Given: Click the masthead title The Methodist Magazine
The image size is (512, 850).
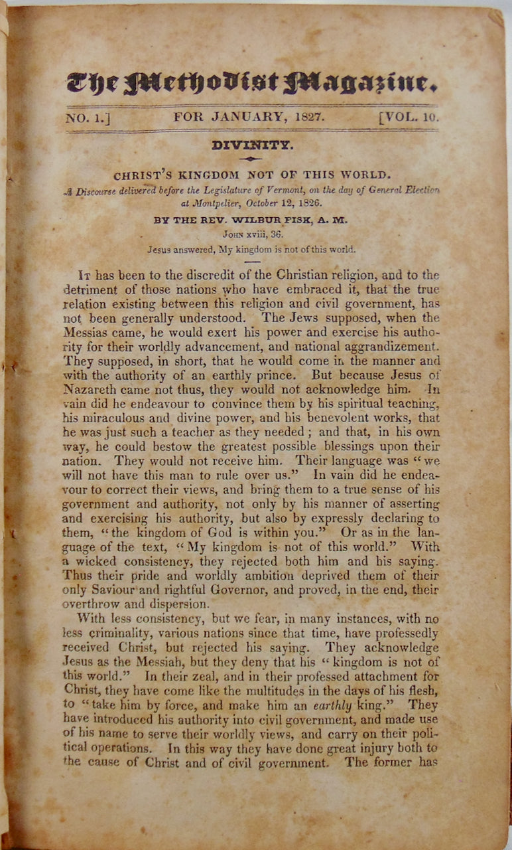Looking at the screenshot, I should point(251,82).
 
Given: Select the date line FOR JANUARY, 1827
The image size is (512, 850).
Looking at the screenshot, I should point(249,117).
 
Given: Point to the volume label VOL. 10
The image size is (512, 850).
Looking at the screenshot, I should point(409,118).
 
